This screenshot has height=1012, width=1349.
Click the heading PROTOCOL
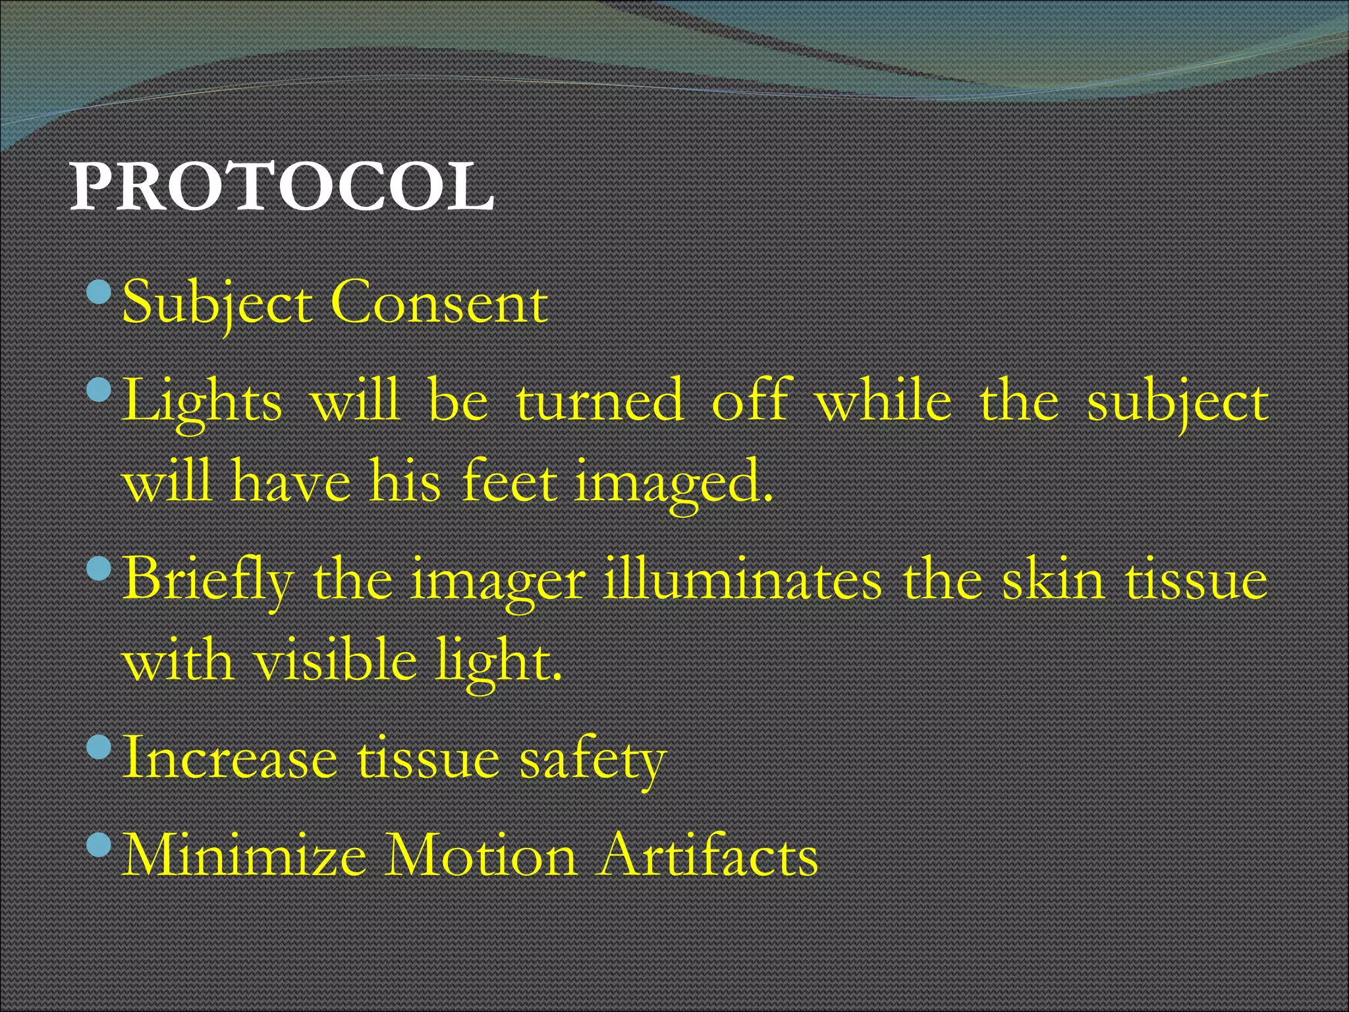click(282, 188)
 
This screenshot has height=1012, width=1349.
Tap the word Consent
click(439, 303)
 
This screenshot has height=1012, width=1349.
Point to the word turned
click(599, 401)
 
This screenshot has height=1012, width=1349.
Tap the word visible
click(336, 660)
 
